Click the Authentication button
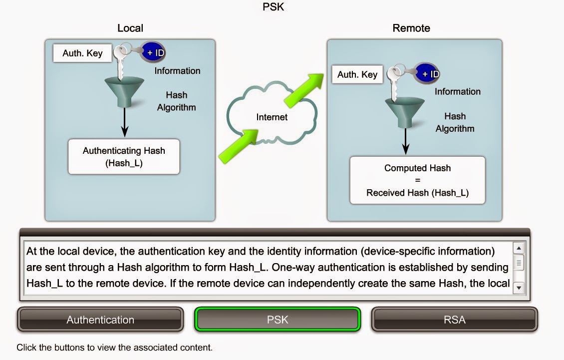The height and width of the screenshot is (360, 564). click(x=100, y=320)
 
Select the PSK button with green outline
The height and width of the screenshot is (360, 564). click(x=278, y=320)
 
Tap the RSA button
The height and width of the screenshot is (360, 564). click(x=454, y=320)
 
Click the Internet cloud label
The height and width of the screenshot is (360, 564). click(x=272, y=117)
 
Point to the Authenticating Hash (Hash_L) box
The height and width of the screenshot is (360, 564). click(x=124, y=156)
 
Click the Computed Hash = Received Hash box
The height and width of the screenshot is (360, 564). click(x=417, y=180)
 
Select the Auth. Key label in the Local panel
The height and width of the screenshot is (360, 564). click(x=82, y=53)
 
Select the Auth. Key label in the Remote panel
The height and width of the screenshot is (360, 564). click(x=357, y=75)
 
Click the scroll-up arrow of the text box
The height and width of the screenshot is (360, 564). click(x=519, y=248)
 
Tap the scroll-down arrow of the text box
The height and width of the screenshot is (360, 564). click(x=519, y=288)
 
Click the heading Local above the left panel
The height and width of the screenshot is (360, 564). click(x=130, y=28)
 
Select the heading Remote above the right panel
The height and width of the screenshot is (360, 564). click(x=411, y=28)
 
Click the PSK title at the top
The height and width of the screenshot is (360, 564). click(x=273, y=7)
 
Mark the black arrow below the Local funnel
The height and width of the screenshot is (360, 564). click(x=125, y=122)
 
